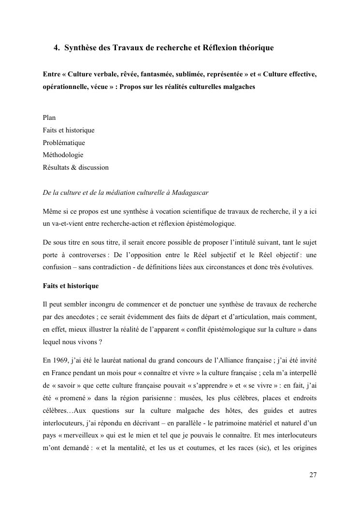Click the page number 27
coord(313,475)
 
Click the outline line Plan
coord(49,117)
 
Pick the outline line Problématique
coord(63,143)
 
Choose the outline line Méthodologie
coord(63,155)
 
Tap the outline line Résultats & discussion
coord(75,168)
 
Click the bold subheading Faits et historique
coord(71,286)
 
